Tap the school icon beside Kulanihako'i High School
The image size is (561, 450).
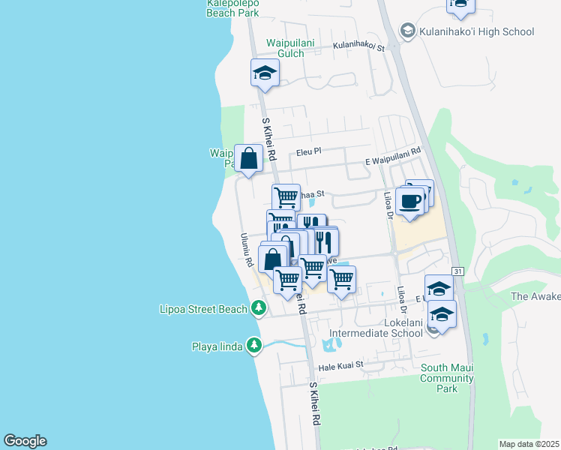coord(407,31)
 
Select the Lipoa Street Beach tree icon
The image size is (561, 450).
coord(258,308)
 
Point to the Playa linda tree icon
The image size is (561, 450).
coord(255,345)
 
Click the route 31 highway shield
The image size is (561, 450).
coord(457,270)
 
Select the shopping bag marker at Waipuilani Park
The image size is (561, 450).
coord(249,157)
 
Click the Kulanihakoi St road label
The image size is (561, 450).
coord(358,47)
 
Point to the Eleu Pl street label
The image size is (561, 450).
coord(307,151)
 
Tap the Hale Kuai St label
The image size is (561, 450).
coord(340,365)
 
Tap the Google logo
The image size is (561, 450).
coord(25,441)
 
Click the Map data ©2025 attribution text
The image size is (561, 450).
coord(529,444)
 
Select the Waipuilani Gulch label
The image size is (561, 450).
coord(285,48)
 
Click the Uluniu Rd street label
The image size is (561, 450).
coord(245,250)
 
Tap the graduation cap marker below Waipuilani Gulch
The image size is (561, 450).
coord(265,73)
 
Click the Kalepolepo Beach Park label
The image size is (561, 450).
coord(232,8)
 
